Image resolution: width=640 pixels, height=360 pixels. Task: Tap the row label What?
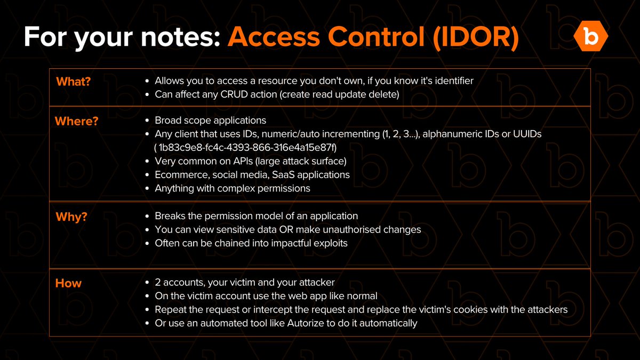point(74,82)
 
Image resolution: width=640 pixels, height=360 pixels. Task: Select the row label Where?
point(76,121)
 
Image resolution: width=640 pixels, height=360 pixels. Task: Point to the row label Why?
point(71,217)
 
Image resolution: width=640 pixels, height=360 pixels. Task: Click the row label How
point(68,283)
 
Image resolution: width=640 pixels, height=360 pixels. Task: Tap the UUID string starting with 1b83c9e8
point(247,147)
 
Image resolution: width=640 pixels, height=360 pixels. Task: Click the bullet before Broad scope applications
point(147,121)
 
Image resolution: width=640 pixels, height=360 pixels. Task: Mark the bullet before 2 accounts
point(147,283)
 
